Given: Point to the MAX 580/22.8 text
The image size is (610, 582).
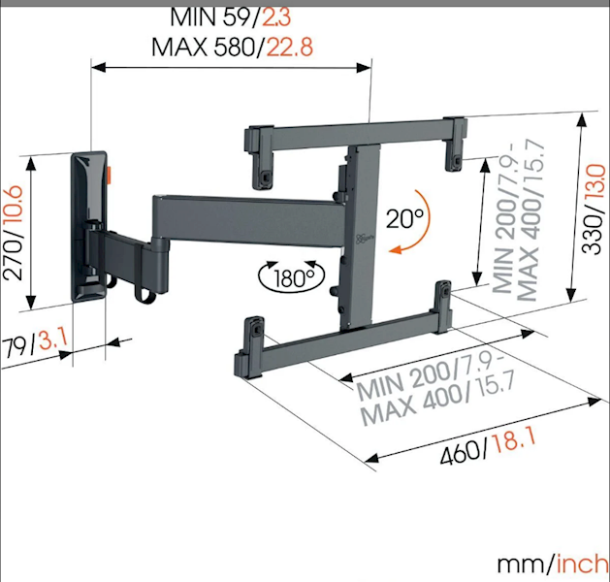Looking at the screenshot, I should [x=232, y=46].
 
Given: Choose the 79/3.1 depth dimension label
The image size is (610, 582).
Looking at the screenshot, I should [x=36, y=341].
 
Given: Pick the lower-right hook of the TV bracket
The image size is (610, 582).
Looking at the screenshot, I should [x=445, y=302].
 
